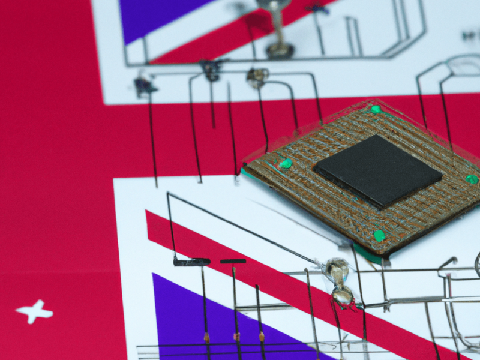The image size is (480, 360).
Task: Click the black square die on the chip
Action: coord(378,170)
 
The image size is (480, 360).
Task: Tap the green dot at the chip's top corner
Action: coord(376,110)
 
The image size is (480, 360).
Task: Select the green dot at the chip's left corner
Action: coord(286,164)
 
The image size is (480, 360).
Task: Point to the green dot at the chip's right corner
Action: coord(472,179)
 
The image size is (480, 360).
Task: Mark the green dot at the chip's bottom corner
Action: coord(379,235)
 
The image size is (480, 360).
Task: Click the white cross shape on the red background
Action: coord(35,311)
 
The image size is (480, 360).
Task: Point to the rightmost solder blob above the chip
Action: coord(257,76)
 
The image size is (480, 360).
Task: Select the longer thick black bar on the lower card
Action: coord(191,262)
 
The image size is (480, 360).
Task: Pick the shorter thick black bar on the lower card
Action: coord(233,261)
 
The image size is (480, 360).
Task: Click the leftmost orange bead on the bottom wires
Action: coord(206,338)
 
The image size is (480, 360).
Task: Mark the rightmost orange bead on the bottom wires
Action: coord(262,337)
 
